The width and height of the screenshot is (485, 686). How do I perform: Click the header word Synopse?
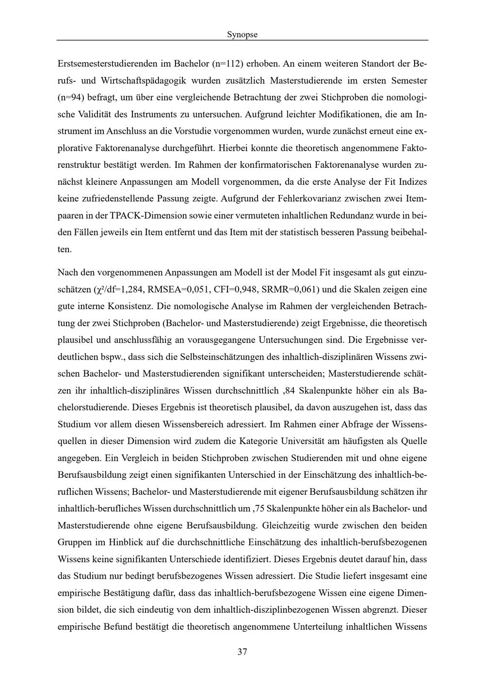point(242,34)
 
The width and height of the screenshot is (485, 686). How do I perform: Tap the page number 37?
point(242,652)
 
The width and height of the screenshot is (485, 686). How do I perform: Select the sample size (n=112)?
point(228,64)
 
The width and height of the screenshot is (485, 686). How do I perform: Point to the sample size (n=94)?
point(71,98)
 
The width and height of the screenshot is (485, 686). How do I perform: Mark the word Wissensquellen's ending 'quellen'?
point(72,441)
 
